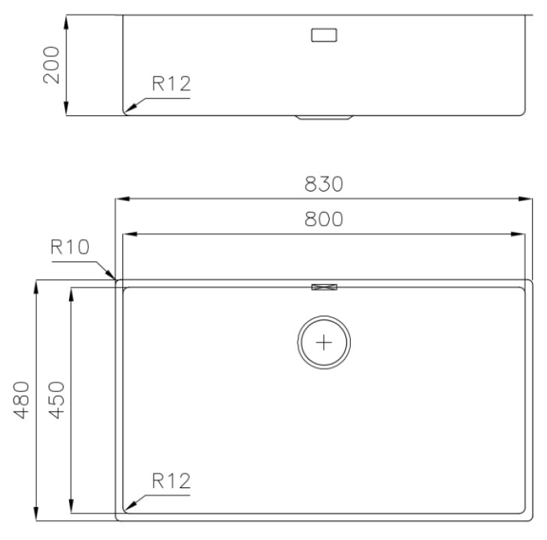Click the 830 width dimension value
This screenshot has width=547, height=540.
click(x=323, y=185)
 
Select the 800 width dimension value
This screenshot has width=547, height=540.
click(x=323, y=219)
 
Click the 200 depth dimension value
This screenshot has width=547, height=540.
click(x=52, y=64)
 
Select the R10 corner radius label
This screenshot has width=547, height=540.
click(x=70, y=247)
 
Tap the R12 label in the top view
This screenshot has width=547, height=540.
click(x=170, y=480)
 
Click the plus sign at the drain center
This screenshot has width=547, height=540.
click(x=325, y=341)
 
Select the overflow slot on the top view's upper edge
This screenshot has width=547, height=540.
click(x=324, y=287)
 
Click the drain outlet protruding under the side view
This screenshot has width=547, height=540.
click(x=324, y=118)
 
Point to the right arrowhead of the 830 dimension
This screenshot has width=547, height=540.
click(x=527, y=200)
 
